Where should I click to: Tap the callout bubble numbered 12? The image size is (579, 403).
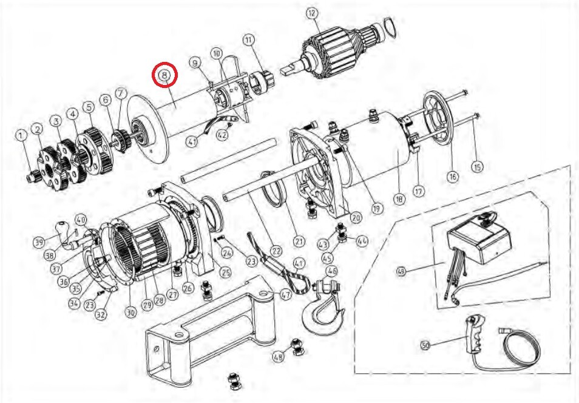(x=311, y=13)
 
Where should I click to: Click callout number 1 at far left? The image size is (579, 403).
(x=21, y=135)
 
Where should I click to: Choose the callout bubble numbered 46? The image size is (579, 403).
(x=331, y=271)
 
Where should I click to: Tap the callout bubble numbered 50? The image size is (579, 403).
(x=425, y=346)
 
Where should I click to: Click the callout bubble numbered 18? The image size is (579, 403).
(x=399, y=198)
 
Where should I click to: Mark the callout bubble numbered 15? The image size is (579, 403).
(x=477, y=166)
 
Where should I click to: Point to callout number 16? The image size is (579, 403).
(x=452, y=177)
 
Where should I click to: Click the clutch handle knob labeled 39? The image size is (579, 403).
(x=63, y=231)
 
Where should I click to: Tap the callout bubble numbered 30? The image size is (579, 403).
(x=130, y=313)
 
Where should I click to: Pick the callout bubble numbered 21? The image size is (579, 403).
(x=298, y=241)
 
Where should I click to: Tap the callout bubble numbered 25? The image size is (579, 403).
(x=225, y=271)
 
